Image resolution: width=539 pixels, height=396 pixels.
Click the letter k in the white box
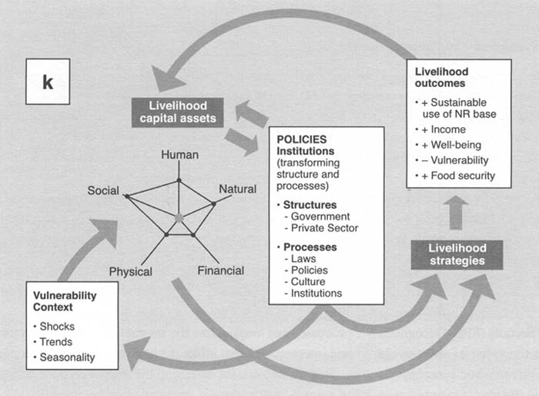48,82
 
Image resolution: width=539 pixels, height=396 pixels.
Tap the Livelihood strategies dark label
456,254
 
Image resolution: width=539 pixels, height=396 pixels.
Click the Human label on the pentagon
179,155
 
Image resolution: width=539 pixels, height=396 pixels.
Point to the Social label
103,190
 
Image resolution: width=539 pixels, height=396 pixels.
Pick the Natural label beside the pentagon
238,189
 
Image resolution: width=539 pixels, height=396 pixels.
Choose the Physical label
130,271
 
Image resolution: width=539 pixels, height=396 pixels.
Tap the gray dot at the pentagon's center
179,219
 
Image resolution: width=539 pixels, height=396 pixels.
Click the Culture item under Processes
305,281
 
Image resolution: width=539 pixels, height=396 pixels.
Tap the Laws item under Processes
300,259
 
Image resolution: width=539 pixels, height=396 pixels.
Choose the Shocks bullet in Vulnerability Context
59,327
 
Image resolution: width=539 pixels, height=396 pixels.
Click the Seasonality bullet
69,357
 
